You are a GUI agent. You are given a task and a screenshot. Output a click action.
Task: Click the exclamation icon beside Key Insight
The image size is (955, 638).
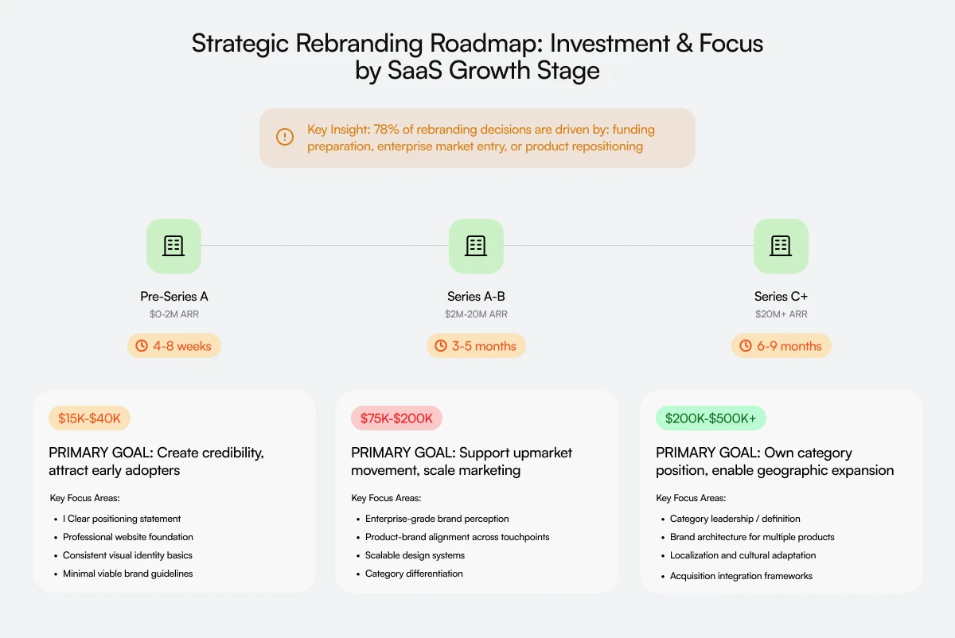click(x=284, y=137)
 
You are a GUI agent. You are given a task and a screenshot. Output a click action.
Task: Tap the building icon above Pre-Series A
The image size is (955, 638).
click(x=173, y=246)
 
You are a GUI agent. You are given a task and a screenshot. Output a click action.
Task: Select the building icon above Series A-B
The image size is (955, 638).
click(x=476, y=246)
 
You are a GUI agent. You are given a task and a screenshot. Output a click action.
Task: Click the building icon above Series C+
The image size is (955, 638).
click(x=781, y=246)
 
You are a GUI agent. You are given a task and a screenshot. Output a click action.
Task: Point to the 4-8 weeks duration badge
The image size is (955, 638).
click(x=174, y=346)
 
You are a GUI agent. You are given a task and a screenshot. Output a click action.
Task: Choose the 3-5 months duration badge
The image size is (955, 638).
click(x=476, y=346)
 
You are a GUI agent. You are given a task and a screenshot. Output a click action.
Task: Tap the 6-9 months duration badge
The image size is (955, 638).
click(x=781, y=346)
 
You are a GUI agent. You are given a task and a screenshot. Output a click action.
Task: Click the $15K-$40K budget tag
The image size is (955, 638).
click(x=89, y=418)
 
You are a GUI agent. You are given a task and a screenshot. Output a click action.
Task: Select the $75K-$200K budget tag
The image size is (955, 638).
click(x=396, y=418)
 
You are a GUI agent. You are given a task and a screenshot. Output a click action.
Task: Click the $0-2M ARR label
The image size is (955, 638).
click(x=174, y=314)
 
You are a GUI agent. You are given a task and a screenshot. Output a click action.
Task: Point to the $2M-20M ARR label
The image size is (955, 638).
click(x=476, y=314)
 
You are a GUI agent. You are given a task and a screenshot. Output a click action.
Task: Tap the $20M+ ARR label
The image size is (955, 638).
click(x=781, y=314)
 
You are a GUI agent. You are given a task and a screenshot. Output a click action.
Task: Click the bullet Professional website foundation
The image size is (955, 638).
click(x=128, y=537)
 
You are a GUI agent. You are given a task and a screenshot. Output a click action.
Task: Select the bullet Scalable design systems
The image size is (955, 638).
click(x=415, y=555)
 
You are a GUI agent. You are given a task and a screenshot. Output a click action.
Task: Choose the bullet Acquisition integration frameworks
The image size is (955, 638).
click(x=741, y=576)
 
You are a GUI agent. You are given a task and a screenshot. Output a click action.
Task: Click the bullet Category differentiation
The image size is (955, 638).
click(x=414, y=574)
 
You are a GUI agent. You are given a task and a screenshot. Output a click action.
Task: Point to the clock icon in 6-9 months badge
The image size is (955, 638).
click(x=746, y=346)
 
